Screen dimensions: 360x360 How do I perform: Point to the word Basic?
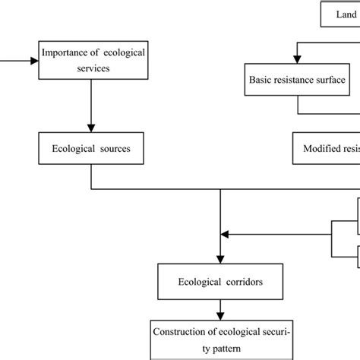pyautogui.click(x=263, y=79)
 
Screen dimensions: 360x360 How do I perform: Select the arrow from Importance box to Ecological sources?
pyautogui.click(x=90, y=106)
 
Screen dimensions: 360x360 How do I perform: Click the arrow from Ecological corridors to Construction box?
pyautogui.click(x=220, y=307)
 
